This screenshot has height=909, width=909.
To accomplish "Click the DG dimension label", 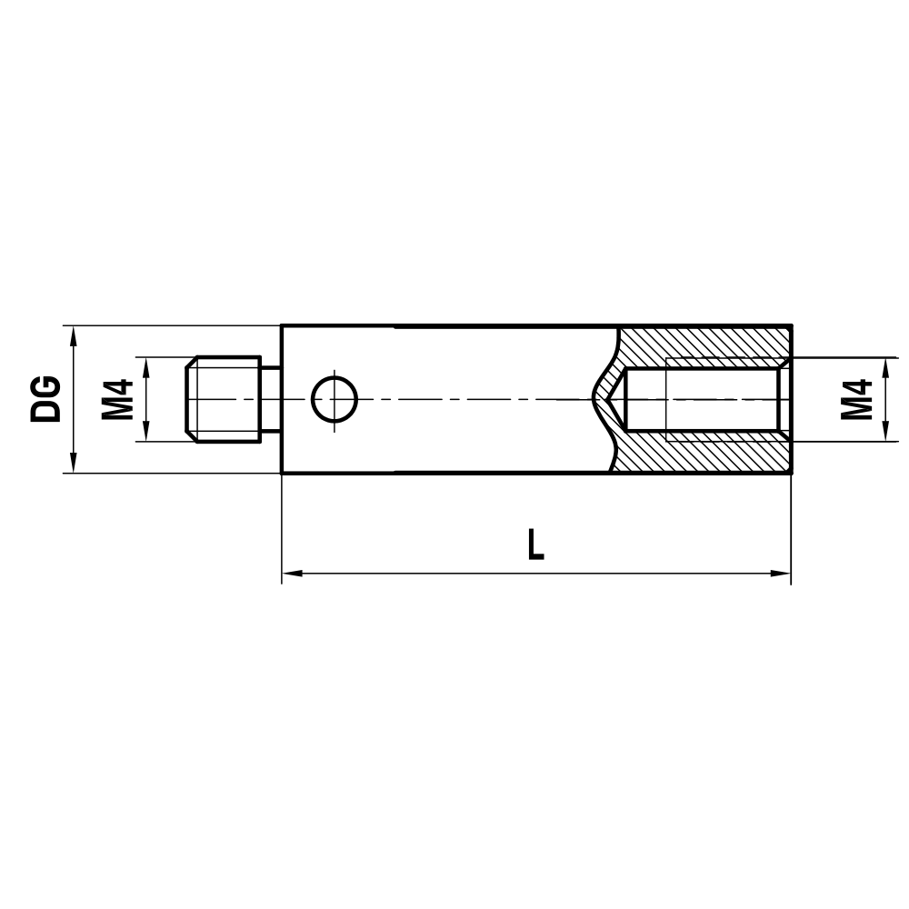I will [x=45, y=399].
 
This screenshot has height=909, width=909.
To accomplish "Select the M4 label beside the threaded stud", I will [x=117, y=399].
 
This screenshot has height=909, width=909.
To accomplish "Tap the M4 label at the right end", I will [x=856, y=399].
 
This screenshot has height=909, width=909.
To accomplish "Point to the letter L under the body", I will [x=536, y=544].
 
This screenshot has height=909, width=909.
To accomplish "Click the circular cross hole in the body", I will [x=335, y=399].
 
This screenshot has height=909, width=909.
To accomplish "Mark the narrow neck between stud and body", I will [x=271, y=399].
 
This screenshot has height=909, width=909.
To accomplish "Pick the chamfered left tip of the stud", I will [x=189, y=399].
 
